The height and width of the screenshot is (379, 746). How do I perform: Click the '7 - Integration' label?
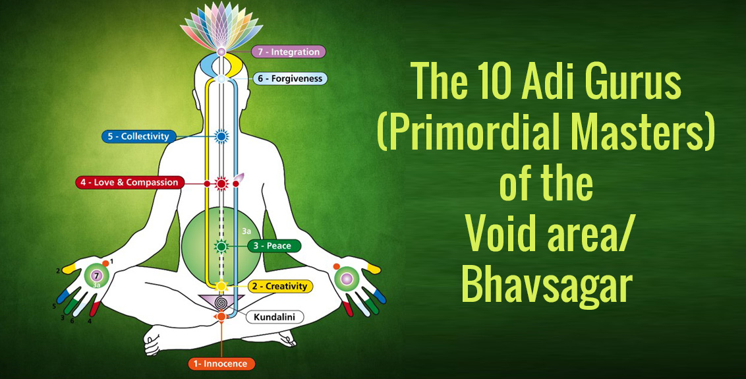pyautogui.click(x=288, y=51)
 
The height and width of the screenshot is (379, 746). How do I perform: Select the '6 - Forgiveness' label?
pyautogui.click(x=290, y=78)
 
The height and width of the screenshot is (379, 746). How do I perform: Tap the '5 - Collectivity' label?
pyautogui.click(x=138, y=136)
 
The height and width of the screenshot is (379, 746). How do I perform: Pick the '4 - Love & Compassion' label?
pyautogui.click(x=130, y=183)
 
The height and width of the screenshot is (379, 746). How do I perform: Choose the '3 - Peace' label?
pyautogui.click(x=275, y=246)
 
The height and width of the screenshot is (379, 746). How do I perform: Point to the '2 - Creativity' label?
pyautogui.click(x=280, y=287)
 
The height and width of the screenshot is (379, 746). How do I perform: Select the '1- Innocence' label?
pyautogui.click(x=221, y=364)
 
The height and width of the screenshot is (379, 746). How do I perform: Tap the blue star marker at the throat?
pyautogui.click(x=221, y=137)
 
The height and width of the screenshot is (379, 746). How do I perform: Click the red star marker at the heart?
pyautogui.click(x=221, y=183)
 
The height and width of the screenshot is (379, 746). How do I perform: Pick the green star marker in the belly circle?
pyautogui.click(x=221, y=246)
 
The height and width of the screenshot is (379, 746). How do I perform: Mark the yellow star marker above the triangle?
pyautogui.click(x=221, y=286)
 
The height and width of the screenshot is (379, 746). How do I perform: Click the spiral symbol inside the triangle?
pyautogui.click(x=221, y=302)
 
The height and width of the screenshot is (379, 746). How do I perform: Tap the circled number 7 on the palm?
pyautogui.click(x=97, y=276)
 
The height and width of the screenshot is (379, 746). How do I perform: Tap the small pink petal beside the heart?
pyautogui.click(x=239, y=178)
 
